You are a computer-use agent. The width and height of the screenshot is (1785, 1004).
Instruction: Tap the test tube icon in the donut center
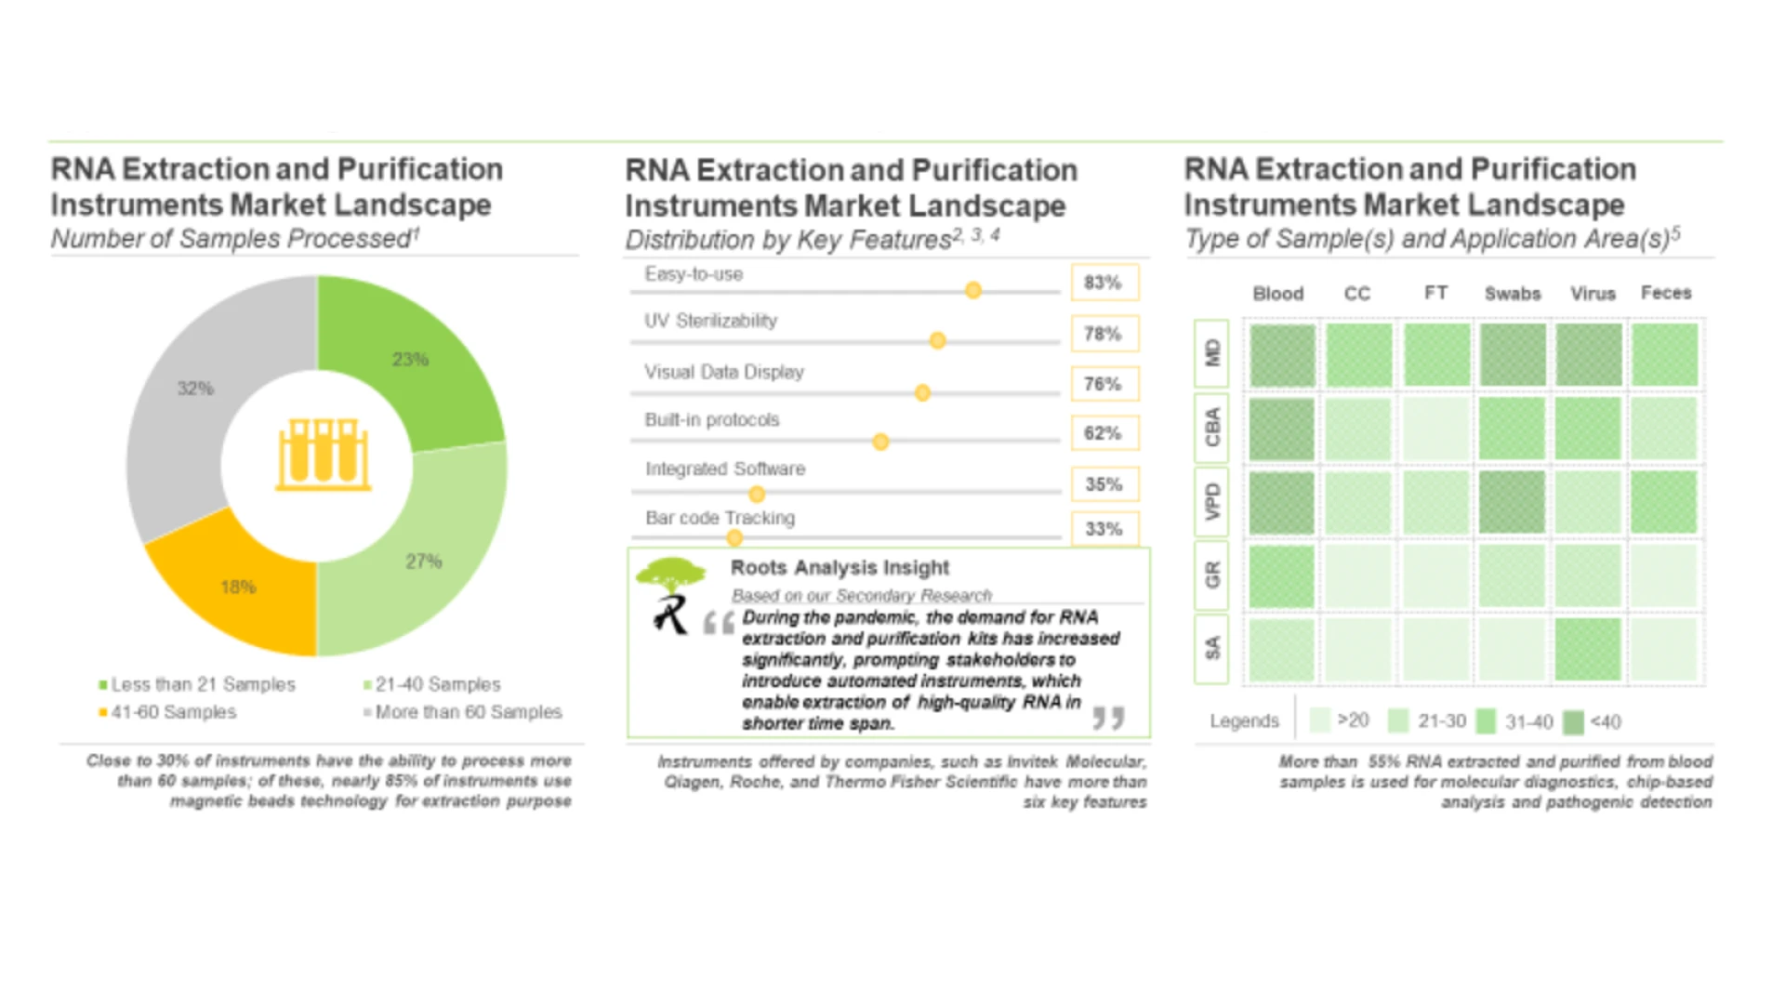[323, 455]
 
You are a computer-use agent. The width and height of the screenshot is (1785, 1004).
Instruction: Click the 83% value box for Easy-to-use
[1104, 283]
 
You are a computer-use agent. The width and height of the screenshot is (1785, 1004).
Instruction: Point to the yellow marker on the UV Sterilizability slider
[937, 341]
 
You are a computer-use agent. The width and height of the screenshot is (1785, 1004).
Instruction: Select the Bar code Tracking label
[720, 518]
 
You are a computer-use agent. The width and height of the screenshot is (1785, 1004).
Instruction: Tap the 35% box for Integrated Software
[1104, 484]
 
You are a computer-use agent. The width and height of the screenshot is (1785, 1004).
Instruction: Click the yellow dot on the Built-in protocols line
[880, 442]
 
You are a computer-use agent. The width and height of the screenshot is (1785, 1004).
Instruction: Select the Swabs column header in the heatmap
[1513, 294]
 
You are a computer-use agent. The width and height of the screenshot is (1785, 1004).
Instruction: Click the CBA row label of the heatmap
[1211, 428]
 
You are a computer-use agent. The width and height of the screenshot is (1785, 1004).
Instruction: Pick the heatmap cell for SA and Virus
[1588, 649]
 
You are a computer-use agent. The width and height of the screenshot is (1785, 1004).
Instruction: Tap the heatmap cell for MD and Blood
[1282, 354]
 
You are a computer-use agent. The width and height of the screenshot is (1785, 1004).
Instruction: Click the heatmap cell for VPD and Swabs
[1513, 502]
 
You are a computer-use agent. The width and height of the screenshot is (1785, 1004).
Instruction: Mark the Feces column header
[1666, 293]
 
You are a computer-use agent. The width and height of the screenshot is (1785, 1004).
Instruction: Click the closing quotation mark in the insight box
[1108, 717]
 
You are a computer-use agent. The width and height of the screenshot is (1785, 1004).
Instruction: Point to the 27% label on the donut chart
[423, 561]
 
